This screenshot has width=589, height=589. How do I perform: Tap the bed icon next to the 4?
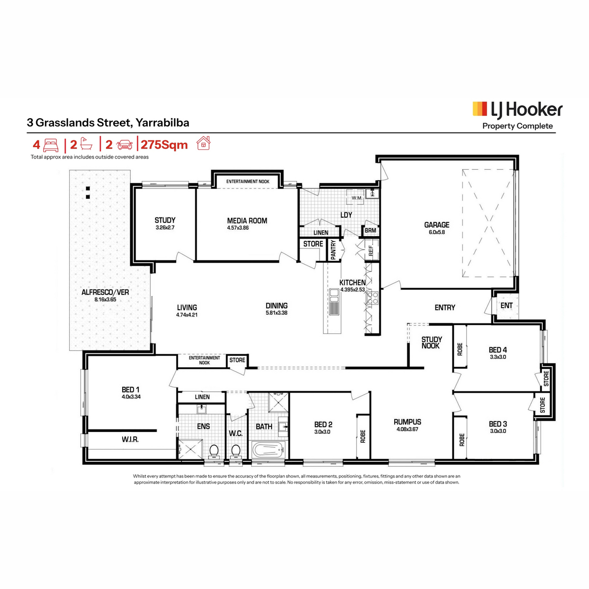tap(51, 145)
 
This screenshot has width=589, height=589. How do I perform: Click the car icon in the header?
tap(124, 145)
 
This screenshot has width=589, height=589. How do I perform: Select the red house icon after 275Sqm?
tap(203, 143)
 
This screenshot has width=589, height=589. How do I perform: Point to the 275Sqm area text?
tap(164, 145)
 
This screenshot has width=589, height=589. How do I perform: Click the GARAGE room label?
tap(436, 225)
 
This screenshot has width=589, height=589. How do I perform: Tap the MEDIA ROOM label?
tap(247, 221)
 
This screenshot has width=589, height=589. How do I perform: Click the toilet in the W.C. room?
tap(236, 451)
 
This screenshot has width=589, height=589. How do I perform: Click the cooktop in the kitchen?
tap(373, 298)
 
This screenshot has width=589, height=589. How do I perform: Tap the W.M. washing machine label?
tap(356, 198)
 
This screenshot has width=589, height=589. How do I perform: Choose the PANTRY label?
tap(333, 250)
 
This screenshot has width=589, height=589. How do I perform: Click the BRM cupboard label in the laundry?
tap(370, 231)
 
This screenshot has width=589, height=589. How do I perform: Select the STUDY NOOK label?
tap(431, 343)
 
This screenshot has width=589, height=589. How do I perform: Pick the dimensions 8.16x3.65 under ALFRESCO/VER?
tap(105, 299)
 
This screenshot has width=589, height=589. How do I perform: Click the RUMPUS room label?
tap(407, 422)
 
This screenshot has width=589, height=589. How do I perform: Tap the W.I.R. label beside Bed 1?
tap(130, 439)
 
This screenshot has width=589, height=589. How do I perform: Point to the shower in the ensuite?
tap(190, 449)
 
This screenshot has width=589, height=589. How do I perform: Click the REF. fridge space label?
tap(371, 250)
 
